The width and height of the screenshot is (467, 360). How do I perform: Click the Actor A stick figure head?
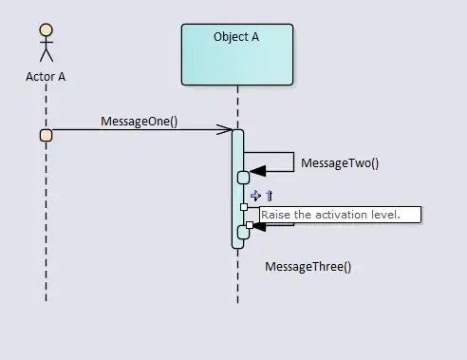[x=47, y=29]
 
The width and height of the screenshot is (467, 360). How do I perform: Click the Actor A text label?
[x=46, y=77]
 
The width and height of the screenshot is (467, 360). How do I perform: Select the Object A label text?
[x=236, y=37]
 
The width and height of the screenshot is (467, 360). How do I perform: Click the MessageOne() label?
[x=140, y=122]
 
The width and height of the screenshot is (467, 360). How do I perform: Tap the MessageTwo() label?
[x=340, y=163]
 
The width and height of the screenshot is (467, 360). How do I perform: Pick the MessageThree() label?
[x=308, y=267]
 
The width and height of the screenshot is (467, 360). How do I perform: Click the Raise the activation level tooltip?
[x=341, y=215]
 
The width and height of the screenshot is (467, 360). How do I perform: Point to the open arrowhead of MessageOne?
[x=225, y=129]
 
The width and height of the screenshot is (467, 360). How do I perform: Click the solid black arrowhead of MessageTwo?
[x=258, y=171]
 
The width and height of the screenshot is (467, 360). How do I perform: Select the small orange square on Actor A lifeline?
[x=47, y=135]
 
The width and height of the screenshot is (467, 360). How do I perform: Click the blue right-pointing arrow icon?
[x=255, y=196]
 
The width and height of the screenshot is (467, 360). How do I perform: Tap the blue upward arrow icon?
[x=270, y=196]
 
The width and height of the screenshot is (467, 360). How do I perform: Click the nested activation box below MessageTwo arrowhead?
[x=244, y=178]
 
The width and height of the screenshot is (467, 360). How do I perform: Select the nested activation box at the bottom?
[x=242, y=233]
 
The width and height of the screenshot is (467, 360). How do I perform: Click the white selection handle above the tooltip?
[x=244, y=207]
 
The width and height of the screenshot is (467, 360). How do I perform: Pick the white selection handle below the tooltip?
[x=250, y=225]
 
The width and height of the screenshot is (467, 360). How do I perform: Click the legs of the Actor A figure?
[x=47, y=55]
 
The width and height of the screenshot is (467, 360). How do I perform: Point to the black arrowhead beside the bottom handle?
[x=259, y=226]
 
